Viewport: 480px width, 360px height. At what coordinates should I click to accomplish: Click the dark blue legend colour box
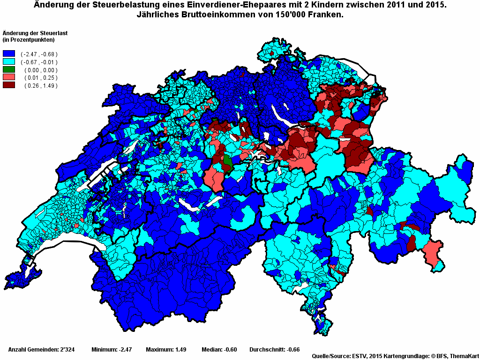click(9, 54)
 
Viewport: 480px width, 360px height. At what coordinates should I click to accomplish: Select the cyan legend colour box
click(9, 62)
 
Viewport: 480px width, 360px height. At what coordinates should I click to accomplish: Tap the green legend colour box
click(9, 70)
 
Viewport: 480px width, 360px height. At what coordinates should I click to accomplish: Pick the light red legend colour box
click(9, 77)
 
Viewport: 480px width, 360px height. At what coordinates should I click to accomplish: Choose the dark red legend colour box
click(9, 85)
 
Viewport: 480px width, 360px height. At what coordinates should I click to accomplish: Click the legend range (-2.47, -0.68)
click(39, 54)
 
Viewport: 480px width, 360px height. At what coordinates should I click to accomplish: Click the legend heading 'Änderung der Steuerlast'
click(30, 33)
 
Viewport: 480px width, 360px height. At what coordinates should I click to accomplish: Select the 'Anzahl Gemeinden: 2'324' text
click(41, 350)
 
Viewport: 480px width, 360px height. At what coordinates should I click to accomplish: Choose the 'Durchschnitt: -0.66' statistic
click(274, 350)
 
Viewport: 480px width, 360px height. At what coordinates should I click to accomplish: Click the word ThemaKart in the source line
click(464, 357)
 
